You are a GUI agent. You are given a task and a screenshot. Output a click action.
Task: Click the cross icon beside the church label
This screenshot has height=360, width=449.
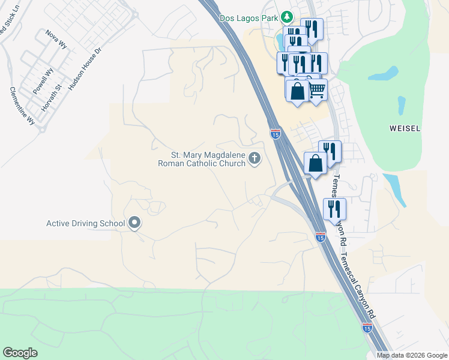pos(255,158)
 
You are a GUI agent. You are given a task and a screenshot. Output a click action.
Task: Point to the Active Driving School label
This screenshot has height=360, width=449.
pos(85,224)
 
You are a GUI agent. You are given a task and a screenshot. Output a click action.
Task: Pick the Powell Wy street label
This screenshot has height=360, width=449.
pos(43,80)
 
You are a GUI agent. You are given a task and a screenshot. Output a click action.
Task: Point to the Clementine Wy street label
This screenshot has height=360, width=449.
pos(22,106)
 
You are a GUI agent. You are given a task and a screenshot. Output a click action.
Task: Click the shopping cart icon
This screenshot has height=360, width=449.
pos(317,91)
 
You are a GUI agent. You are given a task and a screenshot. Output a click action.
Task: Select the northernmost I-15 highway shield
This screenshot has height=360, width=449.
pos(276,134)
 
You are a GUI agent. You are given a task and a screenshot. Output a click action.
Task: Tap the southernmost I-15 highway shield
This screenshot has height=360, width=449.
pos(367,328)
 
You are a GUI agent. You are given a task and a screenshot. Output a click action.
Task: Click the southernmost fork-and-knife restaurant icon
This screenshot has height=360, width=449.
pos(333,209)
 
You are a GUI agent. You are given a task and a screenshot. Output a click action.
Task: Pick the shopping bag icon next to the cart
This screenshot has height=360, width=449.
pos(297,91)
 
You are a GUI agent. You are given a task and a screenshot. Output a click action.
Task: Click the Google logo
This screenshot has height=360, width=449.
pos(20,352)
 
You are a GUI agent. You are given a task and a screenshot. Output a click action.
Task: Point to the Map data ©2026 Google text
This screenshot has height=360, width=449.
pos(411,355)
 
